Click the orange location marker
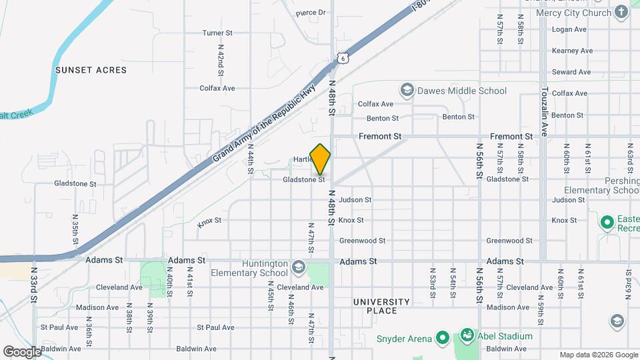pos(321,159)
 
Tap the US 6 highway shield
pos(342,59)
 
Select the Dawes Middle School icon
pos(406,90)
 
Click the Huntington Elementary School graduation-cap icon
pos(298,267)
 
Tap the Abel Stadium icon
pos(467,336)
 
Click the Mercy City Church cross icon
pos(621,13)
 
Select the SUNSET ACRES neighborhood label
pos(87,69)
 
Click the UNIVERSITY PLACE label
pos(385,306)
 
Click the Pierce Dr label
pos(311,13)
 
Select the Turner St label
pos(217,33)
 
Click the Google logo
pos(22,351)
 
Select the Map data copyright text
pos(598,355)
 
